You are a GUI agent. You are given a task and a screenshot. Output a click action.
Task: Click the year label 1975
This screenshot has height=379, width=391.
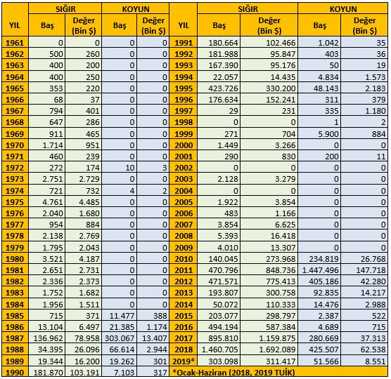click(x=15, y=202)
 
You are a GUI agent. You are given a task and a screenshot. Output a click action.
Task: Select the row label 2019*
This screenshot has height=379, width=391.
click(x=184, y=361)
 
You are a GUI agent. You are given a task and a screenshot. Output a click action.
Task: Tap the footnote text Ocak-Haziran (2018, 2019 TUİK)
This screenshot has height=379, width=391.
click(x=235, y=372)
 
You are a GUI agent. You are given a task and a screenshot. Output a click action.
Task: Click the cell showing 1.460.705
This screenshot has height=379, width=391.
click(x=219, y=350)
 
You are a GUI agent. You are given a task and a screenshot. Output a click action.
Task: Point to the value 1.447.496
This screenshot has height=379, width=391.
click(x=320, y=270)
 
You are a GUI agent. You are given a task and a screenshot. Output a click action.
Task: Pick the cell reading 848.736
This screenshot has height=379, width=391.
click(x=281, y=270)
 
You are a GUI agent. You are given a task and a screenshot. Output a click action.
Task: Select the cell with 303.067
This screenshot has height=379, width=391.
click(x=120, y=338)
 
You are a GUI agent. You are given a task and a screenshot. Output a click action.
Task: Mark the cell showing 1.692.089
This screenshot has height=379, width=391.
click(x=277, y=350)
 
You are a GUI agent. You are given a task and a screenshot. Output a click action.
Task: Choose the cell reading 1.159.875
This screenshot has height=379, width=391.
click(x=277, y=338)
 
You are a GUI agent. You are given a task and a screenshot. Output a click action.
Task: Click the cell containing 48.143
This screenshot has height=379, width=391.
click(x=326, y=88)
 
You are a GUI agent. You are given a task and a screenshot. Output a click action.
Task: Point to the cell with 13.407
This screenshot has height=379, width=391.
click(x=155, y=338)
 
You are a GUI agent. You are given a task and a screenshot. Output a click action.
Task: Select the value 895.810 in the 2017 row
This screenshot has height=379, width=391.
click(x=223, y=338)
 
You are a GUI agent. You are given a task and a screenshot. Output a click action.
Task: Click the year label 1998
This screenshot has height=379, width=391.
click(x=184, y=122)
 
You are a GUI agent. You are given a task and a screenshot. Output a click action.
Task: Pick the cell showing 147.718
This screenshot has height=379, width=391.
click(x=371, y=270)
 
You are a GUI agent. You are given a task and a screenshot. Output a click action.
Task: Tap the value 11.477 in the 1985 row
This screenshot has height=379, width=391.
click(x=122, y=316)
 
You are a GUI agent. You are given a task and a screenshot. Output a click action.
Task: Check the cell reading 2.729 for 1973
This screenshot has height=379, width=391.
click(x=89, y=179)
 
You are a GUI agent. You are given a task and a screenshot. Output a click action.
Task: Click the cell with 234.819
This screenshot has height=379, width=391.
click(x=323, y=259)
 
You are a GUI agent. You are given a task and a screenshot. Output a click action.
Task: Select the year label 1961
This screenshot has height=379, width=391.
click(x=15, y=43)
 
